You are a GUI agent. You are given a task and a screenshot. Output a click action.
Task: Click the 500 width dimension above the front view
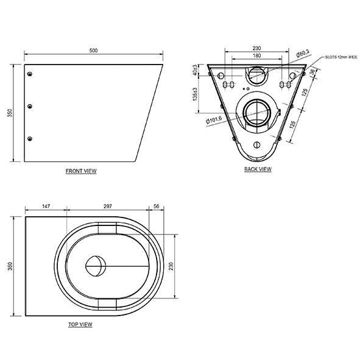tap(93, 51)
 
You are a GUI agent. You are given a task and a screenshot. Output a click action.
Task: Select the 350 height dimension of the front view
tap(9, 114)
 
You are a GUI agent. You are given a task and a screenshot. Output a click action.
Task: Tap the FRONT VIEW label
tap(81, 171)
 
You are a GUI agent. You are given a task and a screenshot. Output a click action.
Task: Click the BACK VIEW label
tap(258, 169)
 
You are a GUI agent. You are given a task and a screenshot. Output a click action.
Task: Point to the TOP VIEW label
tap(80, 325)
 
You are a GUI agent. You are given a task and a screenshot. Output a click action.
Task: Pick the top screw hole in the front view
tap(30, 74)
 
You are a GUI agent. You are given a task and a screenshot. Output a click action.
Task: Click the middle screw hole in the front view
tap(30, 107)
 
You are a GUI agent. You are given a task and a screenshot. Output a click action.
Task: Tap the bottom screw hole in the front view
tap(30, 139)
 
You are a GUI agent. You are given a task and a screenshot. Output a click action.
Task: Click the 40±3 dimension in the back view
tap(194, 69)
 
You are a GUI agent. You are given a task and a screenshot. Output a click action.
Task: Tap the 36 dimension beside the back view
tap(312, 73)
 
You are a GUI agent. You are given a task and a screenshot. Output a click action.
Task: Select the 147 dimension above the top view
tap(46, 207)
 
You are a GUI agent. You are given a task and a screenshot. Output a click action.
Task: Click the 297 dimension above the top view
tap(107, 207)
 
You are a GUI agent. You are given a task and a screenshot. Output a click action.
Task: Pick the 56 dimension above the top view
tap(157, 207)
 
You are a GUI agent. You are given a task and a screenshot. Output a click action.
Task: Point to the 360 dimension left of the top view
tap(9, 267)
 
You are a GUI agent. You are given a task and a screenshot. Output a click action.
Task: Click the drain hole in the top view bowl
tap(94, 265)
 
